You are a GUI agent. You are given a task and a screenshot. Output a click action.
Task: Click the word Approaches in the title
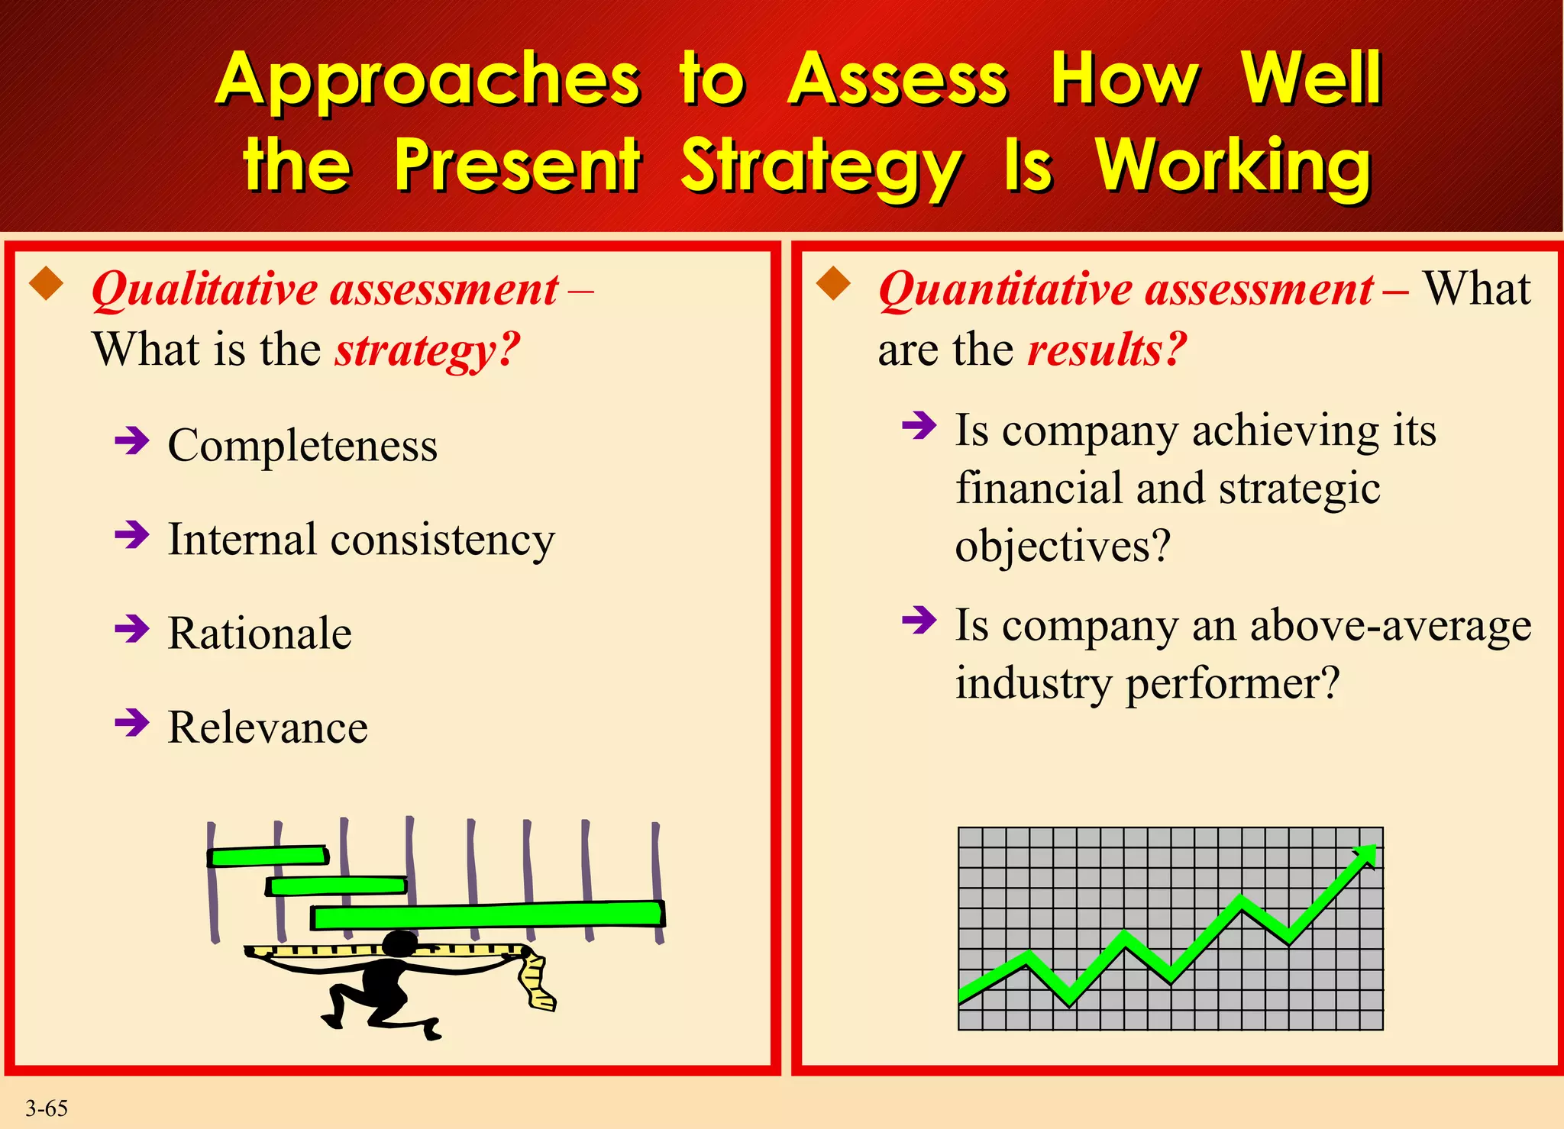[428, 80]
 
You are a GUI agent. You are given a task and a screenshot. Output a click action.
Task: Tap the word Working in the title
[1233, 167]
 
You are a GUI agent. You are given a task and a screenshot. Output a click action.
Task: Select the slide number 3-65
[47, 1108]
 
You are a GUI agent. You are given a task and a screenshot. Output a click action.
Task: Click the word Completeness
[302, 445]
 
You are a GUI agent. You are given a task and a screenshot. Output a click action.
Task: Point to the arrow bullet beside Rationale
[131, 630]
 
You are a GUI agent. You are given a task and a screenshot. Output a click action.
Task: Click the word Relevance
[267, 727]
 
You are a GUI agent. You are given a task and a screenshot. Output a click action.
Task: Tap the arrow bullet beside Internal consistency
[131, 535]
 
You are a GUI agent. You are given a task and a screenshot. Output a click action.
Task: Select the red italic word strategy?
[427, 350]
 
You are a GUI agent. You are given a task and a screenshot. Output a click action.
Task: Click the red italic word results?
[1107, 350]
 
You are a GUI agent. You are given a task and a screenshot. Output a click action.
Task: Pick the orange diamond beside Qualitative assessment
[47, 284]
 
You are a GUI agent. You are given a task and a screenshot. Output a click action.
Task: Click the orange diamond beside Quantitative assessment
[833, 284]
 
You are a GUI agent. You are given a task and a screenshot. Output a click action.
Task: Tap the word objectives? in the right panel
[1062, 547]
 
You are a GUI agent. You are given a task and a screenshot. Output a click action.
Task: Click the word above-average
[1390, 626]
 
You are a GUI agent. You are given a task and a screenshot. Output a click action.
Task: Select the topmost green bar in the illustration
[267, 856]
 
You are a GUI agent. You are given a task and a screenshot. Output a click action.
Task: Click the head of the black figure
[399, 944]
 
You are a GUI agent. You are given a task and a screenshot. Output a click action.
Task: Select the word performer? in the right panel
[1233, 683]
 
